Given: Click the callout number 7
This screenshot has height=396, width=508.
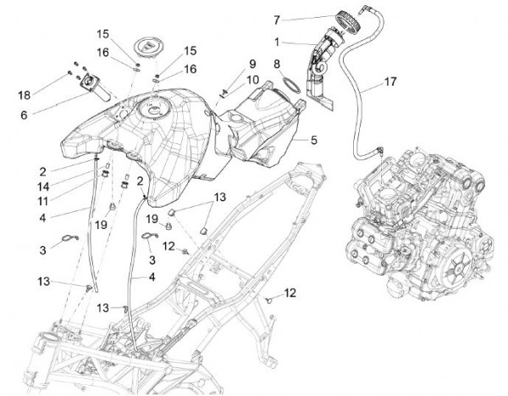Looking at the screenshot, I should [x=276, y=18].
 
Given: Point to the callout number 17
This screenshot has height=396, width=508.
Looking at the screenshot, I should [x=389, y=82].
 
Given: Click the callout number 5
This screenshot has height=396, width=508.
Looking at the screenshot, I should [x=312, y=140].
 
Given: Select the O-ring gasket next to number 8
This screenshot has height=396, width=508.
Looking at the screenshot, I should [x=290, y=85].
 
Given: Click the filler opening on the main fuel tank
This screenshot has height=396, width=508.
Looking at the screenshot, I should [x=156, y=108].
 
